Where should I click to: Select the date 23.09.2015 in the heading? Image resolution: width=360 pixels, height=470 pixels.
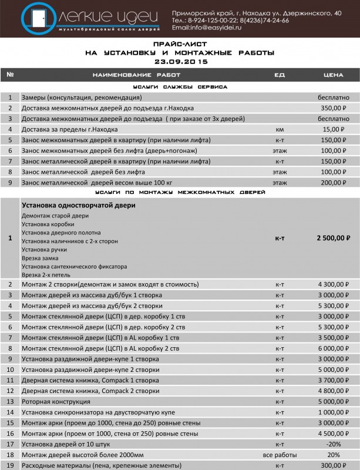click(x=180, y=61)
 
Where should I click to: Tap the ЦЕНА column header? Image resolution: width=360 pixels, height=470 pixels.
click(x=333, y=75)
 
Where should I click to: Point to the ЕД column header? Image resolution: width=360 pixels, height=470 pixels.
click(x=280, y=75)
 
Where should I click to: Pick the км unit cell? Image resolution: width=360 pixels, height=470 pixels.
click(x=280, y=129)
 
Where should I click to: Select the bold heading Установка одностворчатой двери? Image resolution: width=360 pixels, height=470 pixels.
click(x=79, y=205)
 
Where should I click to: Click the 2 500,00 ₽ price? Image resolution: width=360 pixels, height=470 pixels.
click(x=333, y=238)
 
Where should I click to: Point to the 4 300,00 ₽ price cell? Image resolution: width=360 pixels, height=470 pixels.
click(x=333, y=285)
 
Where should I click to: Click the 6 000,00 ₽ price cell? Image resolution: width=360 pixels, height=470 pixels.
click(x=333, y=348)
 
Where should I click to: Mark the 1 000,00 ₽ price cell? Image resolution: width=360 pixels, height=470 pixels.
click(x=333, y=412)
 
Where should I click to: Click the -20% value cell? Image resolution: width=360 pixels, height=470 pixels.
click(x=333, y=444)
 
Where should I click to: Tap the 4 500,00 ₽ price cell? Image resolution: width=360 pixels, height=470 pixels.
click(x=333, y=434)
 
